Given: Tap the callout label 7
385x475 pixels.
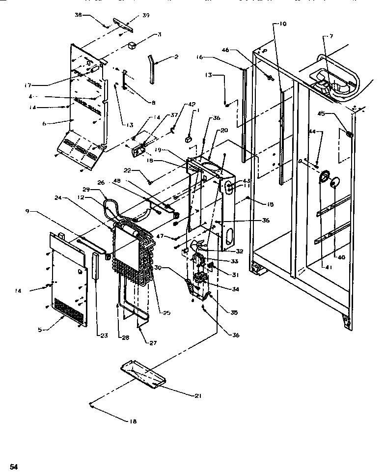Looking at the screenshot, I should [332, 36].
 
